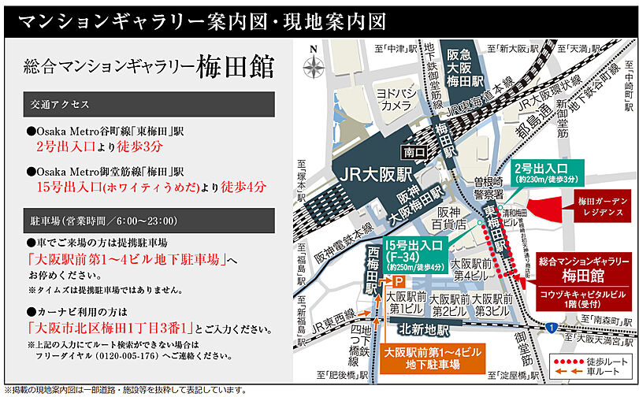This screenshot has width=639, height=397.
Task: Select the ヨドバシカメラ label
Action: point(395,98)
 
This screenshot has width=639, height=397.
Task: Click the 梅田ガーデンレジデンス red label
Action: point(600,207)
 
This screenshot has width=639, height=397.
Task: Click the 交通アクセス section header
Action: point(147,104)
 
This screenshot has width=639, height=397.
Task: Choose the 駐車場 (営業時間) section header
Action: point(147,221)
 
